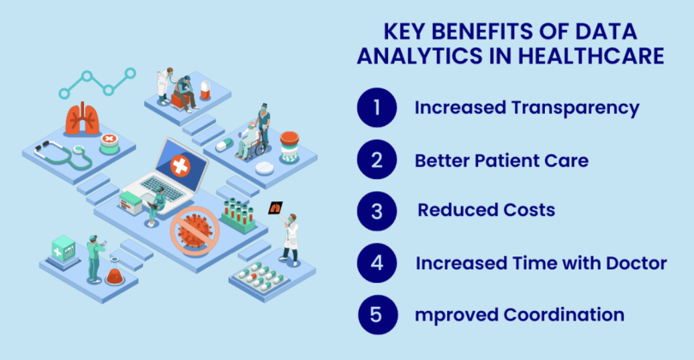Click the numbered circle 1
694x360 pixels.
pyautogui.click(x=377, y=108)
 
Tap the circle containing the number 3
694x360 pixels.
pyautogui.click(x=377, y=211)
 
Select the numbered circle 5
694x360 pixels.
pyautogui.click(x=378, y=315)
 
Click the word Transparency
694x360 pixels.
pyautogui.click(x=576, y=109)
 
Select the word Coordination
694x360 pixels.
pyautogui.click(x=564, y=315)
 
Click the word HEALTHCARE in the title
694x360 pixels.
pyautogui.click(x=591, y=57)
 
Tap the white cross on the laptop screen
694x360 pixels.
pyautogui.click(x=181, y=166)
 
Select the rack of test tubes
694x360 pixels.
pyautogui.click(x=238, y=216)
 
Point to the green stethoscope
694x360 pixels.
pyautogui.click(x=63, y=155)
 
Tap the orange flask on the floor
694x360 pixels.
pyautogui.click(x=115, y=275)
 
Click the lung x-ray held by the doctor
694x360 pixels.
pyautogui.click(x=275, y=207)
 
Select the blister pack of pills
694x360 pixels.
pyautogui.click(x=260, y=276)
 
